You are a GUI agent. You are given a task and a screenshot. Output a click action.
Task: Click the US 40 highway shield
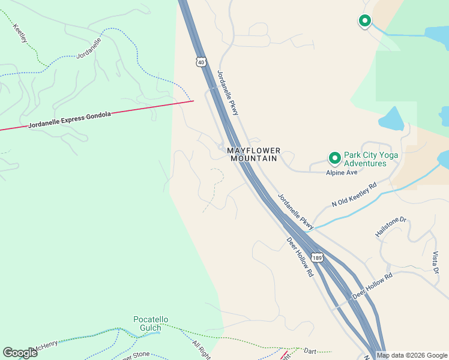(200, 62)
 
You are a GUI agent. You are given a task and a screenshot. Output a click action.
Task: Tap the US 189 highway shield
(318, 257)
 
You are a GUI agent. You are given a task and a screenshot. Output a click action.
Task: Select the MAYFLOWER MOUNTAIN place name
(253, 154)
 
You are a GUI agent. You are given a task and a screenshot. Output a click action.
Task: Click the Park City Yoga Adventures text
(371, 159)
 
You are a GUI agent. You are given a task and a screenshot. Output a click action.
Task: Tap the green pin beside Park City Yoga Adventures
(334, 158)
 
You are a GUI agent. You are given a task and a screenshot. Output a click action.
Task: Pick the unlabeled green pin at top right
(364, 21)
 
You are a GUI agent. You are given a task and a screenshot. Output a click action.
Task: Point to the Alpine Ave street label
(342, 173)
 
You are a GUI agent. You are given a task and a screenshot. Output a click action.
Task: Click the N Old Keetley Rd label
(354, 194)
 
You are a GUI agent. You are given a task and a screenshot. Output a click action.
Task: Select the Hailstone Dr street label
(391, 227)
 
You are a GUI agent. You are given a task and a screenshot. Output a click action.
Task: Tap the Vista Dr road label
(435, 262)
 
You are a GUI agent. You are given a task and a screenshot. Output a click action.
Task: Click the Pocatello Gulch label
(151, 324)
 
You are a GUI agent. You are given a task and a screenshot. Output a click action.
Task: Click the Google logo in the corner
(20, 353)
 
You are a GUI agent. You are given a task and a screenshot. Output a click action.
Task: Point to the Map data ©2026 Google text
(411, 355)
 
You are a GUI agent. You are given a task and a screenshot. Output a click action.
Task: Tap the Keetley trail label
(20, 34)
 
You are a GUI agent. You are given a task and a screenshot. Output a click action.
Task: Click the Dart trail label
(310, 350)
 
